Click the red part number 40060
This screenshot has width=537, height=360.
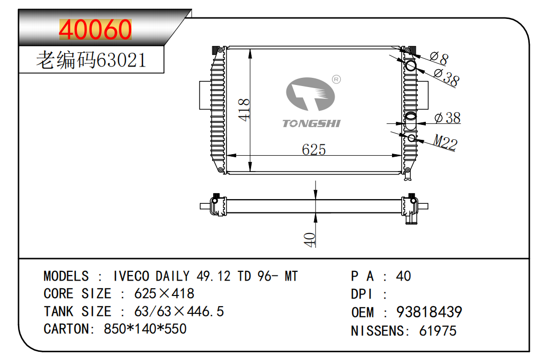coord(95,30)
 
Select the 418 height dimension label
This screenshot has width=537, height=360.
coord(245,110)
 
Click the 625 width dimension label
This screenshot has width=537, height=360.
coord(314,149)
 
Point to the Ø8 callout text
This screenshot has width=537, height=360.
coord(439,58)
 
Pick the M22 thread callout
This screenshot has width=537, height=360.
coord(445,142)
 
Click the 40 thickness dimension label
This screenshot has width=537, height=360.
coord(309,239)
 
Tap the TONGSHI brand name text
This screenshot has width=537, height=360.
coord(311,123)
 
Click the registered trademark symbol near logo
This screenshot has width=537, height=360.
coord(337,79)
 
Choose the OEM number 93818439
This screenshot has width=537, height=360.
coord(429,312)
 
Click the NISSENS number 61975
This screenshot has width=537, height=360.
coord(438,331)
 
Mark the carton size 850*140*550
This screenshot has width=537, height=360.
coord(145,329)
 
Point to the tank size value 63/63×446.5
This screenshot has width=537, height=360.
coord(179,311)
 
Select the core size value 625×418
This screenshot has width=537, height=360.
coord(164,293)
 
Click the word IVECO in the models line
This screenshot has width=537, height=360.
coord(131,277)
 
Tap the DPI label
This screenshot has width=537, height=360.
coord(362,294)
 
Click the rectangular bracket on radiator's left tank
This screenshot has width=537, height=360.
coord(204,95)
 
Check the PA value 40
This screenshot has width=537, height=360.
coord(403,277)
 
